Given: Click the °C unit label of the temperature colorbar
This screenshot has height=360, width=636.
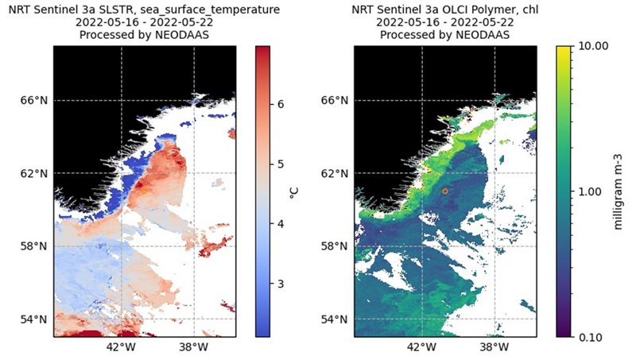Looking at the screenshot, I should click(294, 192).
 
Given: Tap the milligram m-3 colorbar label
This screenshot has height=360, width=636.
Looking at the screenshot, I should click(618, 192).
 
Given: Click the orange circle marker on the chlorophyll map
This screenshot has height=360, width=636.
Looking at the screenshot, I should click(445, 191).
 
